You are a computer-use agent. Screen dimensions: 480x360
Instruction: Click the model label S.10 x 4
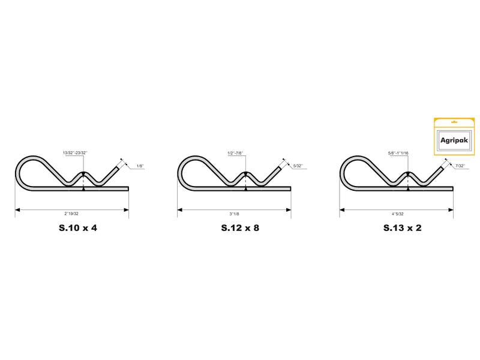point(78,228)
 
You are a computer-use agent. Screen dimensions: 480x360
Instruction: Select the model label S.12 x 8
point(240,228)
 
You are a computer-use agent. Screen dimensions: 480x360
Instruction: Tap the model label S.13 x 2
point(402,228)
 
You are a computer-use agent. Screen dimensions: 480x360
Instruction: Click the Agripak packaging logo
point(454,140)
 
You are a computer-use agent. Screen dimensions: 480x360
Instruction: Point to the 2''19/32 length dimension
point(71,214)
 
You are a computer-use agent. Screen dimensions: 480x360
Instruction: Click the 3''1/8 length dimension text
point(234,214)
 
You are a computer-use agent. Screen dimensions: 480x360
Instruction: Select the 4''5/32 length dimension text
point(398,214)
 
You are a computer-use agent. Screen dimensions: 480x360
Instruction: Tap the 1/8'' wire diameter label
point(140,166)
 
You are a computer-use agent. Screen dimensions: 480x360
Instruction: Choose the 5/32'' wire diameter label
point(298,166)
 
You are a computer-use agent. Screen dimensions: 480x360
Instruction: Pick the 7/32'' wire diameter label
point(460,166)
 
